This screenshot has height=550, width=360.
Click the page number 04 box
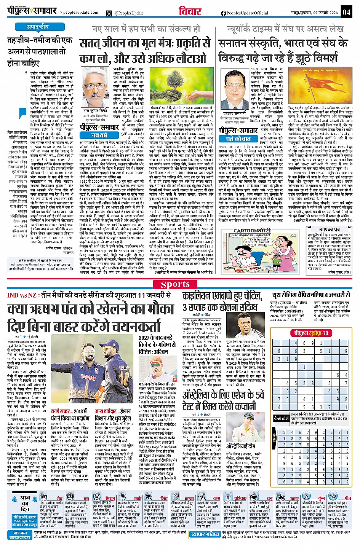pos(346,12)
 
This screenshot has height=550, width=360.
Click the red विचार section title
pos(190,11)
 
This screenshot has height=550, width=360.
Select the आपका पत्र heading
pos(329,230)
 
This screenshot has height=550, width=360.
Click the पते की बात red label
pos(238,139)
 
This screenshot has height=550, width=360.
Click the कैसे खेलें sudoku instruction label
pos(282,418)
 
